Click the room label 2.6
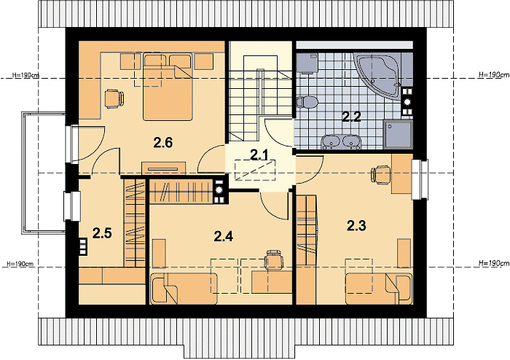163,142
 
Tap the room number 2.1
259,155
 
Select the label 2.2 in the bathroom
351,117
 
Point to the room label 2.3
356,225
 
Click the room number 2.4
224,236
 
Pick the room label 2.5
102,233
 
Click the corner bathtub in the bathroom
377,77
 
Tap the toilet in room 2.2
307,102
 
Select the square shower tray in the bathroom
398,134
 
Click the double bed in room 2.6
168,87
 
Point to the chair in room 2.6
114,98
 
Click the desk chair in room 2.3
380,175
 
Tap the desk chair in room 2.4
274,259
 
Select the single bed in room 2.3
379,289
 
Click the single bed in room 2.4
184,289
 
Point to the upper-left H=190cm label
26,75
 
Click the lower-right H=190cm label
494,263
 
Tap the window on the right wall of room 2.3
420,179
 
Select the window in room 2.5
72,206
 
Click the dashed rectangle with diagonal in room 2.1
255,170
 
